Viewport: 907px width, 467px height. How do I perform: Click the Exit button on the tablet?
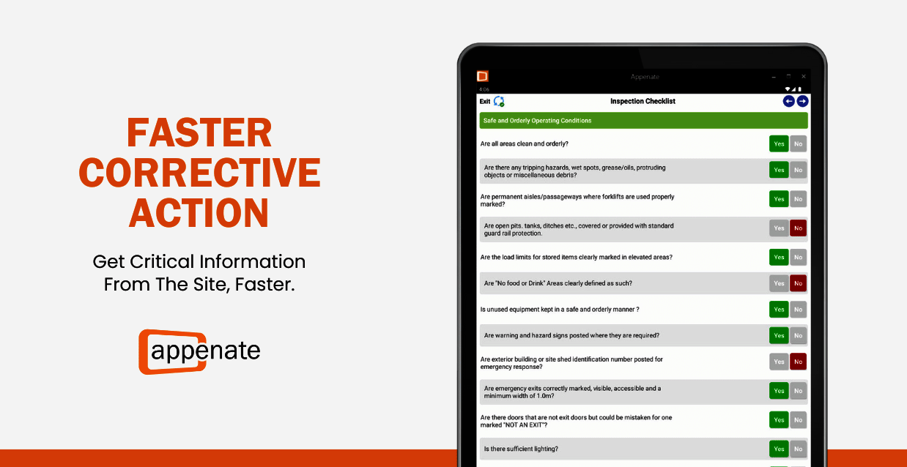click(485, 101)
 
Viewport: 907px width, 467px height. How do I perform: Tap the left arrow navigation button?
click(788, 101)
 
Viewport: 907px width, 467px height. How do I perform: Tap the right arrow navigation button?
click(802, 101)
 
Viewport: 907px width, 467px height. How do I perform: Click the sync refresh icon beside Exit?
click(499, 101)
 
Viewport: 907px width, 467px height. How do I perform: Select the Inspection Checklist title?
click(643, 101)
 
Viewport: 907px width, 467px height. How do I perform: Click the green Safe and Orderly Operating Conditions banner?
click(643, 121)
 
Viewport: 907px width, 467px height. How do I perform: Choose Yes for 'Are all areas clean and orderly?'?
click(779, 143)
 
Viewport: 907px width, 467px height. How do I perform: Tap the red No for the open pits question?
click(798, 228)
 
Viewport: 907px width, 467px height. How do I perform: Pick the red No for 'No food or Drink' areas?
click(798, 283)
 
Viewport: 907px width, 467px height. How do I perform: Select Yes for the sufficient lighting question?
click(779, 449)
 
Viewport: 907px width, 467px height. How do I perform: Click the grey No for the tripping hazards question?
click(798, 170)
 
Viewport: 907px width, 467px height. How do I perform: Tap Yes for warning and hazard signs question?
click(779, 335)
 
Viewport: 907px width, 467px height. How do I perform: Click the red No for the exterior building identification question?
click(798, 362)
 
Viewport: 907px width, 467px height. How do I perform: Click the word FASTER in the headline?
click(199, 132)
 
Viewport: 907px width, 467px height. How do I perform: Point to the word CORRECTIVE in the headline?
click(199, 173)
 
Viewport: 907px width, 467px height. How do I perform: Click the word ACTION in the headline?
click(199, 212)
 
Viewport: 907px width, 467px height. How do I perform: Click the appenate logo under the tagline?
click(199, 351)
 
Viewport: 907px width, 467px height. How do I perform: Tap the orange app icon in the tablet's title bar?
click(482, 76)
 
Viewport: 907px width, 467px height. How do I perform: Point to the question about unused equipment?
click(560, 310)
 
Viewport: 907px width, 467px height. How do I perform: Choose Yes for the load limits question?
click(779, 258)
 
